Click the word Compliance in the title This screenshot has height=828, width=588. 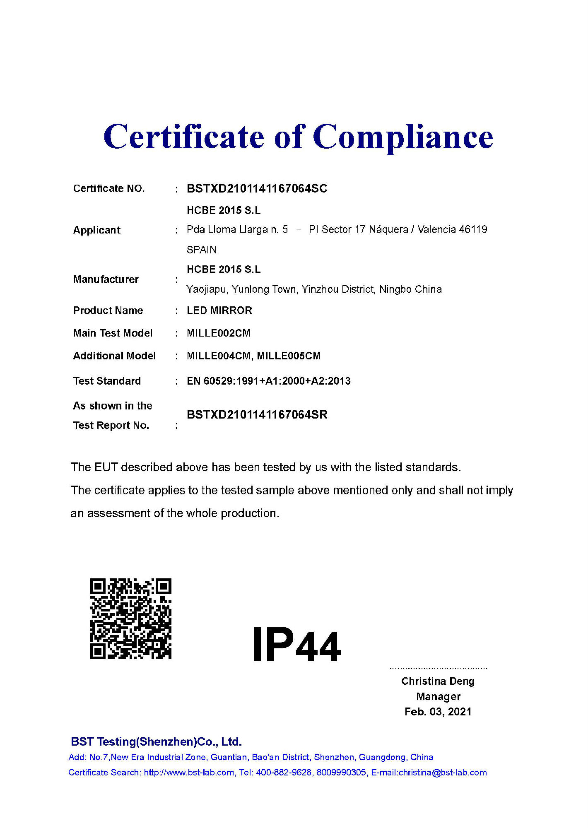pyautogui.click(x=402, y=137)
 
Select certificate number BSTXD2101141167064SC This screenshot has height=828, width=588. pyautogui.click(x=257, y=189)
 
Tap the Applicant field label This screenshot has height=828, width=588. pyautogui.click(x=96, y=230)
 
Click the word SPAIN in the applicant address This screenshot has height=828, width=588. pyautogui.click(x=202, y=250)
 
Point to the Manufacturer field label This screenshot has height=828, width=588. pyautogui.click(x=106, y=279)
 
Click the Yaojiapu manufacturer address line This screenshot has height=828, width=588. pyautogui.click(x=314, y=289)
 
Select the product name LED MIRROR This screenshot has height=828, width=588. pyautogui.click(x=219, y=310)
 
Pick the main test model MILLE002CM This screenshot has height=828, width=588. pyautogui.click(x=218, y=333)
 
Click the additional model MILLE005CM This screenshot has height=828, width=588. pyautogui.click(x=289, y=356)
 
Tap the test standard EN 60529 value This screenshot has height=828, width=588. pyautogui.click(x=268, y=381)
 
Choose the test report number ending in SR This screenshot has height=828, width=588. pyautogui.click(x=257, y=415)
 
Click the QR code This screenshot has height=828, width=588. pyautogui.click(x=131, y=619)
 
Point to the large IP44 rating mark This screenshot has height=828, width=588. pyautogui.click(x=296, y=645)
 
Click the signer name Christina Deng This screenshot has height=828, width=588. pyautogui.click(x=438, y=681)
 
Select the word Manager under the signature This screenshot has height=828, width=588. pyautogui.click(x=438, y=697)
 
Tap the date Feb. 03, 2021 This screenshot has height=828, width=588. pyautogui.click(x=438, y=712)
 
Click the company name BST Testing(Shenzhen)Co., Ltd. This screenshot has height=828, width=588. pyautogui.click(x=156, y=741)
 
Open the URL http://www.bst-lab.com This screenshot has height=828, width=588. pyautogui.click(x=189, y=773)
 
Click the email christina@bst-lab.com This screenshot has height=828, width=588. pyautogui.click(x=442, y=773)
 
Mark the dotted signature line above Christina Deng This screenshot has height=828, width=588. pyautogui.click(x=438, y=668)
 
